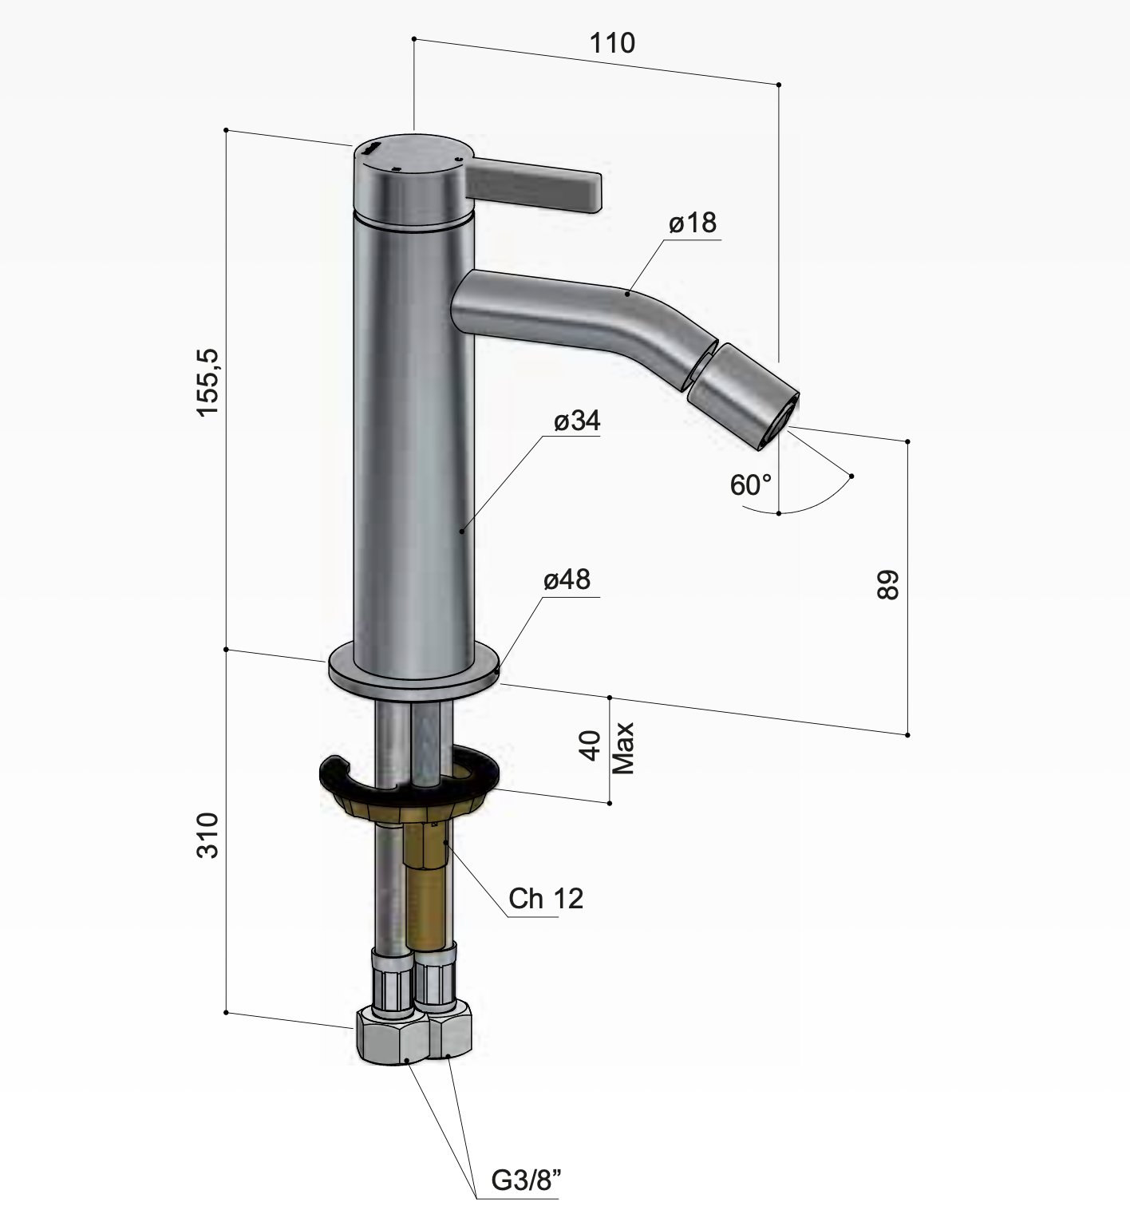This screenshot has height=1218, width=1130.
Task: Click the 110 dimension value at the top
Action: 613,42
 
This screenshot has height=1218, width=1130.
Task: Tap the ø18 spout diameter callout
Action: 693,223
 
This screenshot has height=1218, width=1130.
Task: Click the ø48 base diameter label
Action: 567,579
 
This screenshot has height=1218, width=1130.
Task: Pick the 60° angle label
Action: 751,484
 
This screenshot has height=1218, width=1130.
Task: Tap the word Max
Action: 624,748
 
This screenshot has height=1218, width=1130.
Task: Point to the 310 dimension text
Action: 208,835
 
